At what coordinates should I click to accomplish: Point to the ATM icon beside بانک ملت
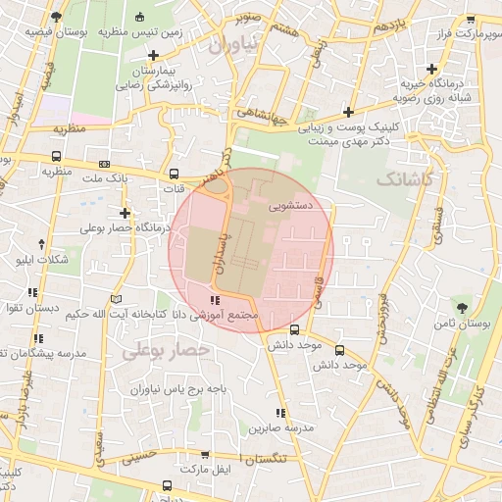pyautogui.click(x=105, y=165)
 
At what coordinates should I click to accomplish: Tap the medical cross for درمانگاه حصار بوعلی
pyautogui.click(x=125, y=212)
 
